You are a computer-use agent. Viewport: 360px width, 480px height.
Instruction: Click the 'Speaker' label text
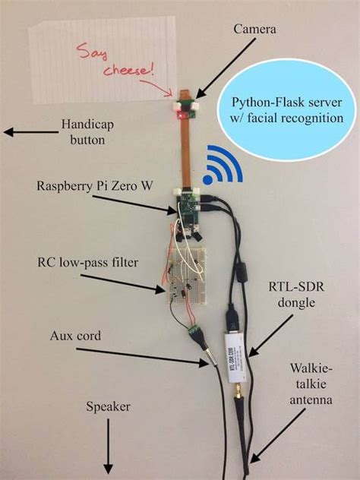pos(109,407)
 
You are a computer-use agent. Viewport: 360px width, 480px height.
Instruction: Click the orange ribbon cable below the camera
pos(184,148)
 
